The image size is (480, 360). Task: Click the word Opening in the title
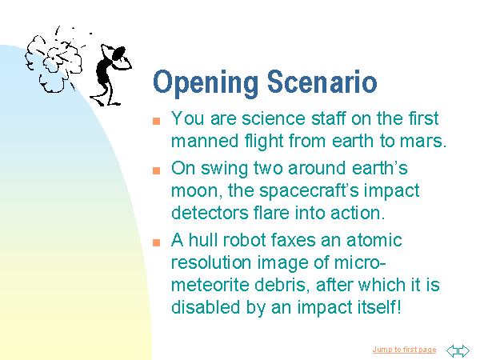coord(206,83)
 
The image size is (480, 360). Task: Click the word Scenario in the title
coord(322,82)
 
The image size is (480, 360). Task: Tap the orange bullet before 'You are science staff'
coord(157,121)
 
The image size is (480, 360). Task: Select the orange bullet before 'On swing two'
coord(157,170)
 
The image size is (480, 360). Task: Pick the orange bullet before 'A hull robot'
coord(157,242)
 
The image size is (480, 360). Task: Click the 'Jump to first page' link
coord(404,350)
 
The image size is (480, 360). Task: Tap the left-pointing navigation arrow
coord(453,350)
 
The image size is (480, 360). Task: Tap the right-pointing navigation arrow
coord(464,350)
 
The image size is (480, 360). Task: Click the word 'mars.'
coord(423,141)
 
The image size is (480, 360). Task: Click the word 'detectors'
coord(210,213)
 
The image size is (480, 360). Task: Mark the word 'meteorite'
coord(210,285)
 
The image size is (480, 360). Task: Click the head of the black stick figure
coord(118,54)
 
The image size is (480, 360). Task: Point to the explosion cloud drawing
coord(54,62)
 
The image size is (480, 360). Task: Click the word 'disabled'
coord(206,307)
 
